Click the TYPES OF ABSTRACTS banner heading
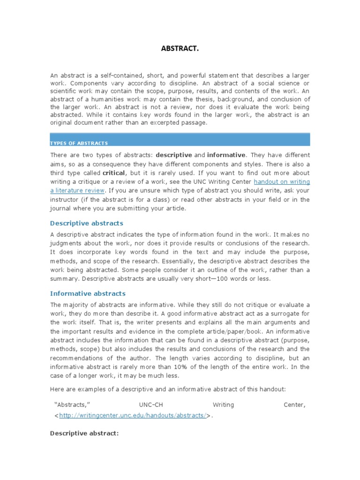(x=79, y=143)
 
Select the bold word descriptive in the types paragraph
(x=174, y=155)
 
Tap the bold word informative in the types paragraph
(x=226, y=155)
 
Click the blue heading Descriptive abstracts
(x=87, y=223)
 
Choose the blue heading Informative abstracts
(x=88, y=293)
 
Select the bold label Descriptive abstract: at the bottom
(x=84, y=434)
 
